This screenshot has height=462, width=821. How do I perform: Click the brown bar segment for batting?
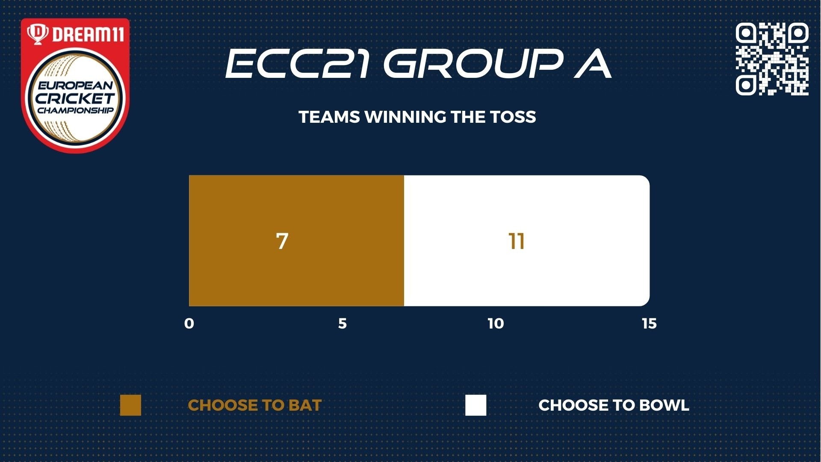[x=296, y=240]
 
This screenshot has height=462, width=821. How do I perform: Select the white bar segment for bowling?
[x=527, y=240]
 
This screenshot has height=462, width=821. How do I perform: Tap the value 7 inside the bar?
[x=282, y=241]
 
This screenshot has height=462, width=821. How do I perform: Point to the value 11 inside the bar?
[x=517, y=241]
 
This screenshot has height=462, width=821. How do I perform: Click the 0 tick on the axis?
[x=189, y=324]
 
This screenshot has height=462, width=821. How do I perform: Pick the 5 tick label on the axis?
[x=343, y=324]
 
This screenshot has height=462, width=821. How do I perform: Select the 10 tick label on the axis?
[x=496, y=324]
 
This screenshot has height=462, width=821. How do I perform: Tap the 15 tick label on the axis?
[x=649, y=324]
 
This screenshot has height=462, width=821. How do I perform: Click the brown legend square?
[x=130, y=405]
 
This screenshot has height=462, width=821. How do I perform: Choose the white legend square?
[x=476, y=405]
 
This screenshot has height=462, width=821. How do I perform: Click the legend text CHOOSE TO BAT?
[x=255, y=406]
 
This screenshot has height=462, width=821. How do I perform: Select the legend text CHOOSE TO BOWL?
[x=614, y=406]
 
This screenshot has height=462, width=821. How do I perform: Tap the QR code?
[x=772, y=59]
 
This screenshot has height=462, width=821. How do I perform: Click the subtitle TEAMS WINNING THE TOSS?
[x=417, y=117]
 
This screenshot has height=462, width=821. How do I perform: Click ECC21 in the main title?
[x=297, y=63]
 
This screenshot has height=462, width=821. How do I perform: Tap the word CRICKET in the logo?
[x=75, y=98]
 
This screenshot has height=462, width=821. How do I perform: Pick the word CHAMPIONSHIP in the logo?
[x=75, y=110]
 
